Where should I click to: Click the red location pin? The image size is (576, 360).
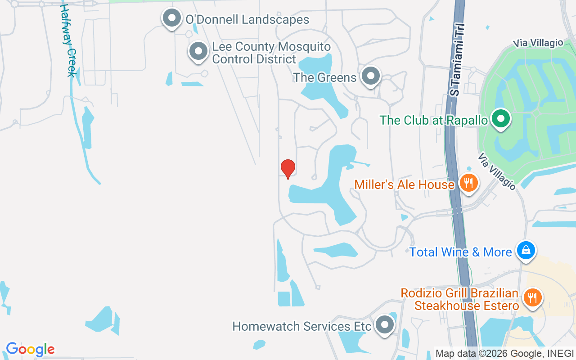288,168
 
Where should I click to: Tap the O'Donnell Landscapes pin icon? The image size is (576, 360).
171,18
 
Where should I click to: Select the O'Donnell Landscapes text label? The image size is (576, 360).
247,20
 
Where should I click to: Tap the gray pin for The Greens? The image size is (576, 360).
371,76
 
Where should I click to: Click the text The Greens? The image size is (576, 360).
325,77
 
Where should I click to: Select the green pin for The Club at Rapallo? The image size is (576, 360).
500,119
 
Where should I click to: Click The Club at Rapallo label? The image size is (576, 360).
434,121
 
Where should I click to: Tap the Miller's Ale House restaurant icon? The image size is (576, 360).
469,183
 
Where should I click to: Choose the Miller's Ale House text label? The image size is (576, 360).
405,184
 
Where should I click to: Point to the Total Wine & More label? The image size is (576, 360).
461,252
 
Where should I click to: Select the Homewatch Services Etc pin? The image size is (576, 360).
385,324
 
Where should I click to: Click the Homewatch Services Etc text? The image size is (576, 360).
302,326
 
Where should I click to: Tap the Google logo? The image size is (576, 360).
30,349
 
